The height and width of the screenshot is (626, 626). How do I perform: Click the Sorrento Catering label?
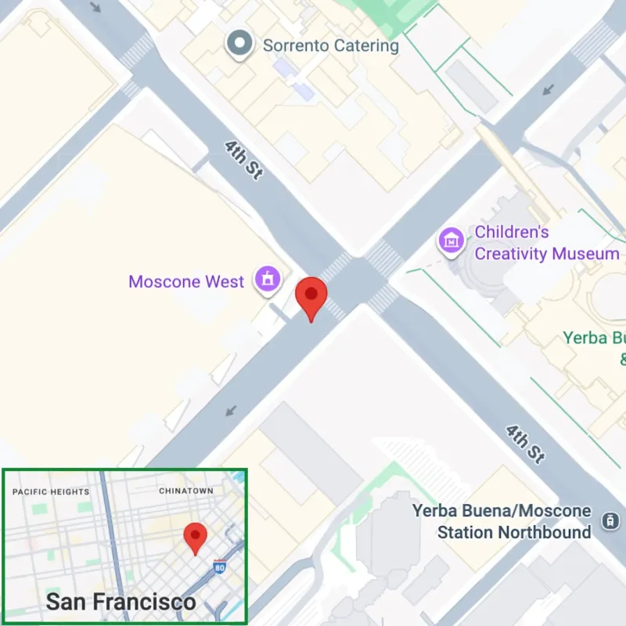click(x=330, y=45)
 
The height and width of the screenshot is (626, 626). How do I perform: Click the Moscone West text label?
click(x=186, y=282)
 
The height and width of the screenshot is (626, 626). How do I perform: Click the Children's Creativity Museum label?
click(x=546, y=243)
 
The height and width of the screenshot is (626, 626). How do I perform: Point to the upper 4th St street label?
click(x=243, y=160)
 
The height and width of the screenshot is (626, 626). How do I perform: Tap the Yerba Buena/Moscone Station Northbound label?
click(x=502, y=522)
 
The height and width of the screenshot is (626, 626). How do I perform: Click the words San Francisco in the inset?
click(x=121, y=602)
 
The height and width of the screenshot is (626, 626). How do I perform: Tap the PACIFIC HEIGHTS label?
click(x=51, y=492)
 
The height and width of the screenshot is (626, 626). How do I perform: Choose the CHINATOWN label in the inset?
click(x=186, y=491)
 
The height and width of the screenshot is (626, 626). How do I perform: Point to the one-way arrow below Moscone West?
click(x=232, y=410)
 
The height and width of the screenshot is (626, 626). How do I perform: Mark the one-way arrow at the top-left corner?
click(x=97, y=8)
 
